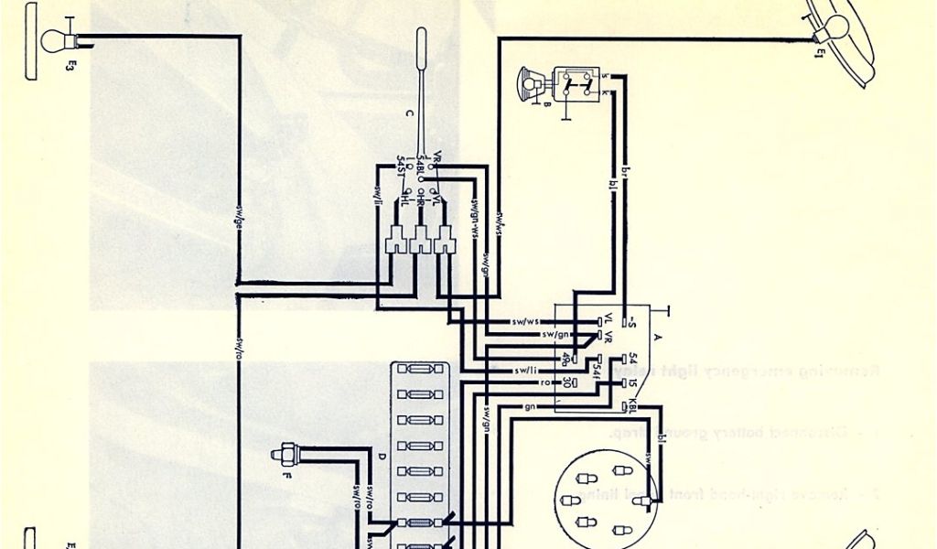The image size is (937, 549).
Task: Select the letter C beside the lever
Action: (x=409, y=114)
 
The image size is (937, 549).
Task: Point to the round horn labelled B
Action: (x=528, y=83)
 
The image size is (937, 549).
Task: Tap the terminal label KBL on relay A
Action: (x=630, y=404)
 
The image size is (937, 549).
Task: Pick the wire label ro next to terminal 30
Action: (x=543, y=382)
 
